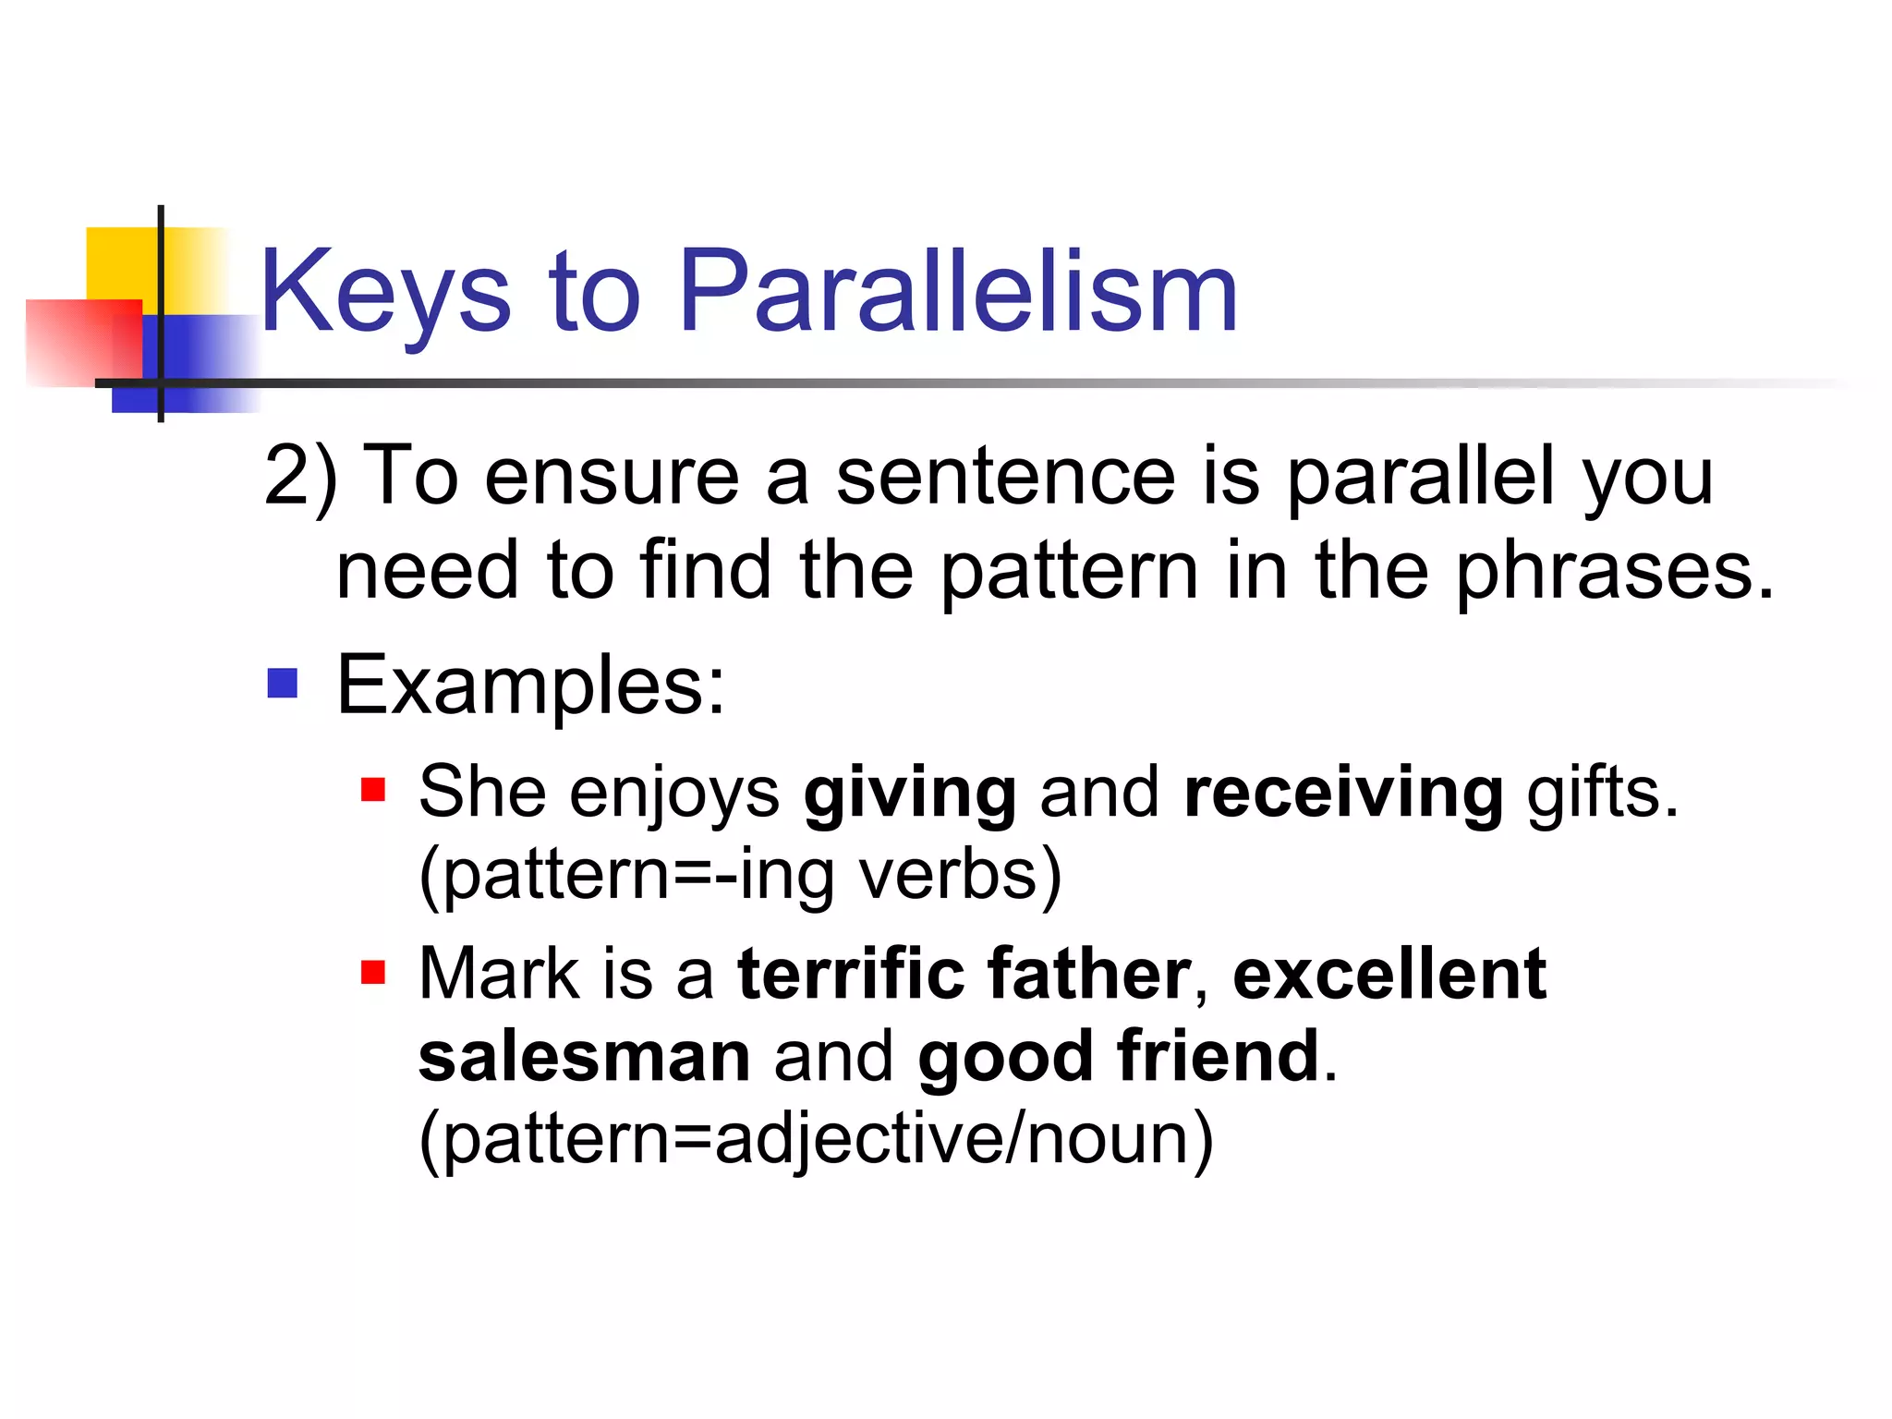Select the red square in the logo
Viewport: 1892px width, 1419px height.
point(83,342)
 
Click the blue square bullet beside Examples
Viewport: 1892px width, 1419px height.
point(282,684)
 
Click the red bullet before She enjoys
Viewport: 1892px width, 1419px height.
point(372,791)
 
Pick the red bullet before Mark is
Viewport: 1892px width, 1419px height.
point(372,973)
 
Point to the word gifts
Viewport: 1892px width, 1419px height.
point(1602,793)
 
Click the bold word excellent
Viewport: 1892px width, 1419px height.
point(1389,974)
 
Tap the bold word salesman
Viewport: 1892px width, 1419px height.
point(584,1056)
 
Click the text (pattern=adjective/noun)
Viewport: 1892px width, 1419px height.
point(816,1139)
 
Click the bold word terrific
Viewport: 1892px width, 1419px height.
point(851,974)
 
